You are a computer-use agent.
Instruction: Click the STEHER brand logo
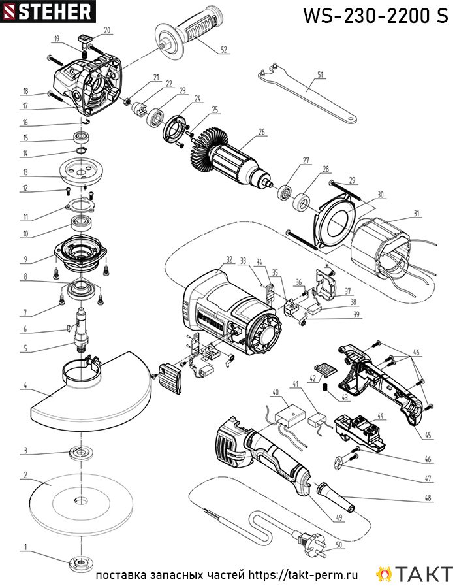[48, 11]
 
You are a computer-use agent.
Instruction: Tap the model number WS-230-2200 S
[375, 15]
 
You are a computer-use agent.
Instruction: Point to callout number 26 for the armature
[261, 132]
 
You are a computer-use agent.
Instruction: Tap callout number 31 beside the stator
[417, 214]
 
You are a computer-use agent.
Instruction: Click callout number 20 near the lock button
[107, 30]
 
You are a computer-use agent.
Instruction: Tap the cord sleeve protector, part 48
[336, 497]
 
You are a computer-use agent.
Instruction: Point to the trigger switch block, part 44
[360, 431]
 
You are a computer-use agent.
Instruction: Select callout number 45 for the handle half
[428, 435]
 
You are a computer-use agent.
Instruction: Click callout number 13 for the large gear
[25, 172]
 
